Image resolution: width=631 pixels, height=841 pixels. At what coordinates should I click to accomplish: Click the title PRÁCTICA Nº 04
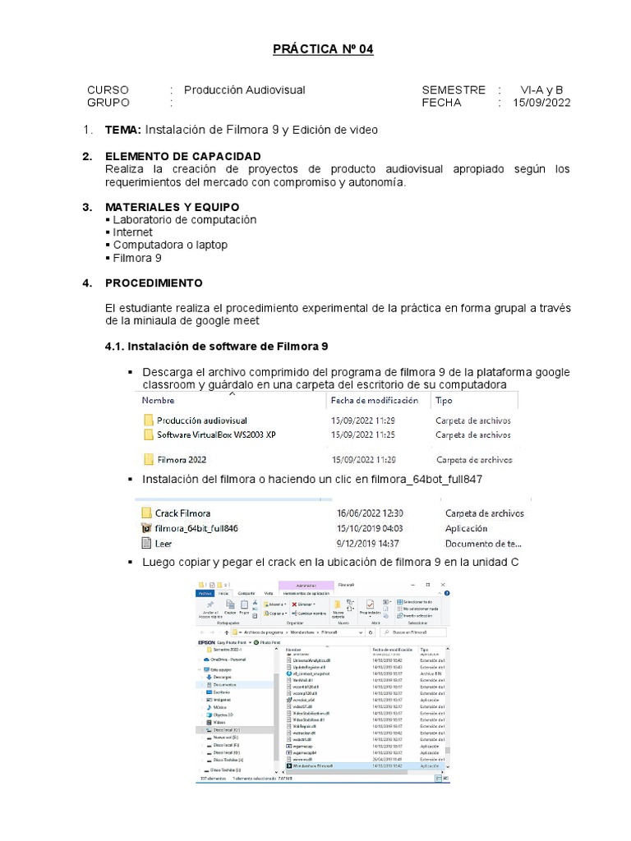(x=323, y=49)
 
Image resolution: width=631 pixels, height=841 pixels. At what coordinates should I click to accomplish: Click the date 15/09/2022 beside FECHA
(x=541, y=103)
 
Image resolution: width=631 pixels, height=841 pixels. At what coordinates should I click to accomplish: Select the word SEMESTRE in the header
(x=454, y=90)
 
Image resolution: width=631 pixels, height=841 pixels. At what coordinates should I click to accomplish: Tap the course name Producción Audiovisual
(x=244, y=90)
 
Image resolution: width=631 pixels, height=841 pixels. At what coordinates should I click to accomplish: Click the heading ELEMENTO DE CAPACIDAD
(x=182, y=156)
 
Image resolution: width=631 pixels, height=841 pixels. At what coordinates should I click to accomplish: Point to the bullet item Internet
(x=132, y=232)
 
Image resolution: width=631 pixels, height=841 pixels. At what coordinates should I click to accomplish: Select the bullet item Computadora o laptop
(x=170, y=245)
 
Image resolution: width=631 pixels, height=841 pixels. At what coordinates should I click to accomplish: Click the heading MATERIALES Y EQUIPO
(x=172, y=207)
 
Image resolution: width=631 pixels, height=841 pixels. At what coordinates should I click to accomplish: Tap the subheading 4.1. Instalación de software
(x=217, y=346)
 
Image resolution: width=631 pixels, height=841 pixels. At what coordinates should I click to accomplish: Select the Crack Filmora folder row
(x=182, y=513)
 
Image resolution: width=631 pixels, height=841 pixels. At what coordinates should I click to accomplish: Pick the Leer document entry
(x=164, y=543)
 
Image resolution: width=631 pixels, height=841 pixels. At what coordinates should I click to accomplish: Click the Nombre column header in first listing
(x=158, y=401)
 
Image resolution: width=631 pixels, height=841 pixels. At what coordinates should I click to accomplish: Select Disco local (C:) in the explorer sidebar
(x=224, y=728)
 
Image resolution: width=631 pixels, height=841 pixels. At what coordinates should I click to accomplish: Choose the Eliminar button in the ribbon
(x=305, y=604)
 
